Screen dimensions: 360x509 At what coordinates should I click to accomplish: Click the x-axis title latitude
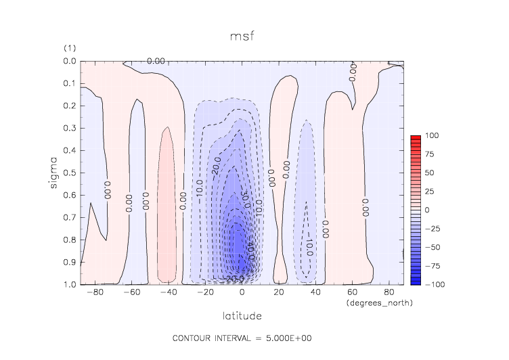pos(242,316)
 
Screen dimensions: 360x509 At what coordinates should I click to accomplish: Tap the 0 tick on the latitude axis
pos(242,293)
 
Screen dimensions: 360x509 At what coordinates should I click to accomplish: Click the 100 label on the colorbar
pos(431,136)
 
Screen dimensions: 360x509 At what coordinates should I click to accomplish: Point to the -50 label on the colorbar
pos(430,247)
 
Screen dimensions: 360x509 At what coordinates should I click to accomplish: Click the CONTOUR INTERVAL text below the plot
pos(242,338)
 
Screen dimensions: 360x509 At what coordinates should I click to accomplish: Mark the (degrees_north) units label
pos(379,303)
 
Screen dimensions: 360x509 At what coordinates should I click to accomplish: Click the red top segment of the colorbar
pos(416,138)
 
